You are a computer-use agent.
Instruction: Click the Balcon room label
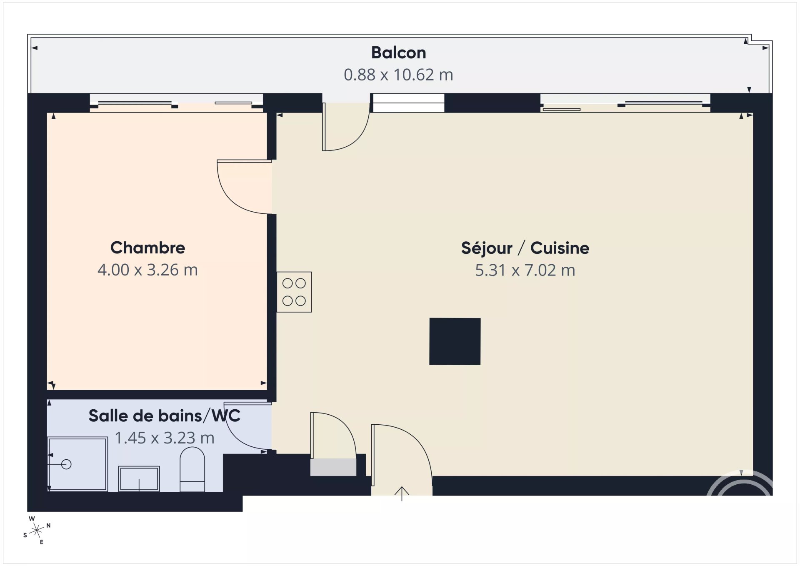click(398, 53)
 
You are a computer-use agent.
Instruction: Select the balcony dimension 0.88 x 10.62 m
click(398, 75)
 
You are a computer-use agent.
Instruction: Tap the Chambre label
click(147, 248)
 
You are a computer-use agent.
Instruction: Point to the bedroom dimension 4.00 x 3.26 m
click(147, 270)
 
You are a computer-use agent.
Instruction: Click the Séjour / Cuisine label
click(525, 248)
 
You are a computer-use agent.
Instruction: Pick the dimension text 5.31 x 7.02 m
click(525, 270)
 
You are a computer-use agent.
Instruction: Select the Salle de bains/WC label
click(165, 416)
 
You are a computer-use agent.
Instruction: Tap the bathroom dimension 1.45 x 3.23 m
click(165, 438)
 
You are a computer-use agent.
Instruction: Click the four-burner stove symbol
click(294, 292)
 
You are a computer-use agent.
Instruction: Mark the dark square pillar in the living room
click(455, 341)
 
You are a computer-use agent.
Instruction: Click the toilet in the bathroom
click(192, 469)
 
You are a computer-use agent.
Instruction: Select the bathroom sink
click(139, 479)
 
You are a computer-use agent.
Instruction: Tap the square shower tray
click(77, 464)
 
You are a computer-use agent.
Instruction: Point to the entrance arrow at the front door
click(402, 493)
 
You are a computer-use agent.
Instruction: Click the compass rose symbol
click(37, 531)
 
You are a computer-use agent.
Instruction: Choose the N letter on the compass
click(49, 526)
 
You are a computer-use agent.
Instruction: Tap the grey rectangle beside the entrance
click(333, 467)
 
